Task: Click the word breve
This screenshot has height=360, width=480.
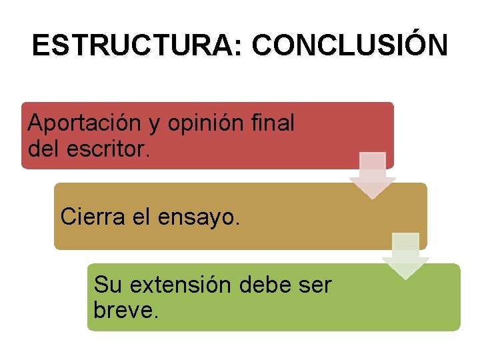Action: [127, 310]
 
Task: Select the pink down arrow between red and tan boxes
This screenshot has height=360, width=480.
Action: [373, 175]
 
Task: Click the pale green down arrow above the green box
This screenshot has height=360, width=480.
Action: [405, 255]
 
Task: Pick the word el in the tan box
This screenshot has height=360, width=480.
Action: [136, 216]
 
